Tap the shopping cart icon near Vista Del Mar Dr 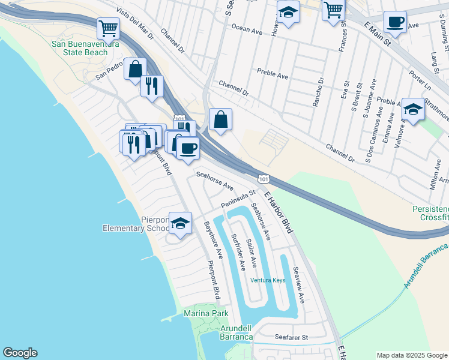(108, 27)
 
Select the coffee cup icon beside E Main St (394, 22)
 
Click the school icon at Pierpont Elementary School (179, 223)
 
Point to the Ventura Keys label (268, 281)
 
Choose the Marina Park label (206, 313)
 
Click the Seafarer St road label (291, 337)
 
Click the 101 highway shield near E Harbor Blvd (264, 179)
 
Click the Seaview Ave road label (298, 285)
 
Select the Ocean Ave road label (247, 28)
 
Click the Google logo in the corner (20, 353)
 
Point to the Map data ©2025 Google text (411, 355)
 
